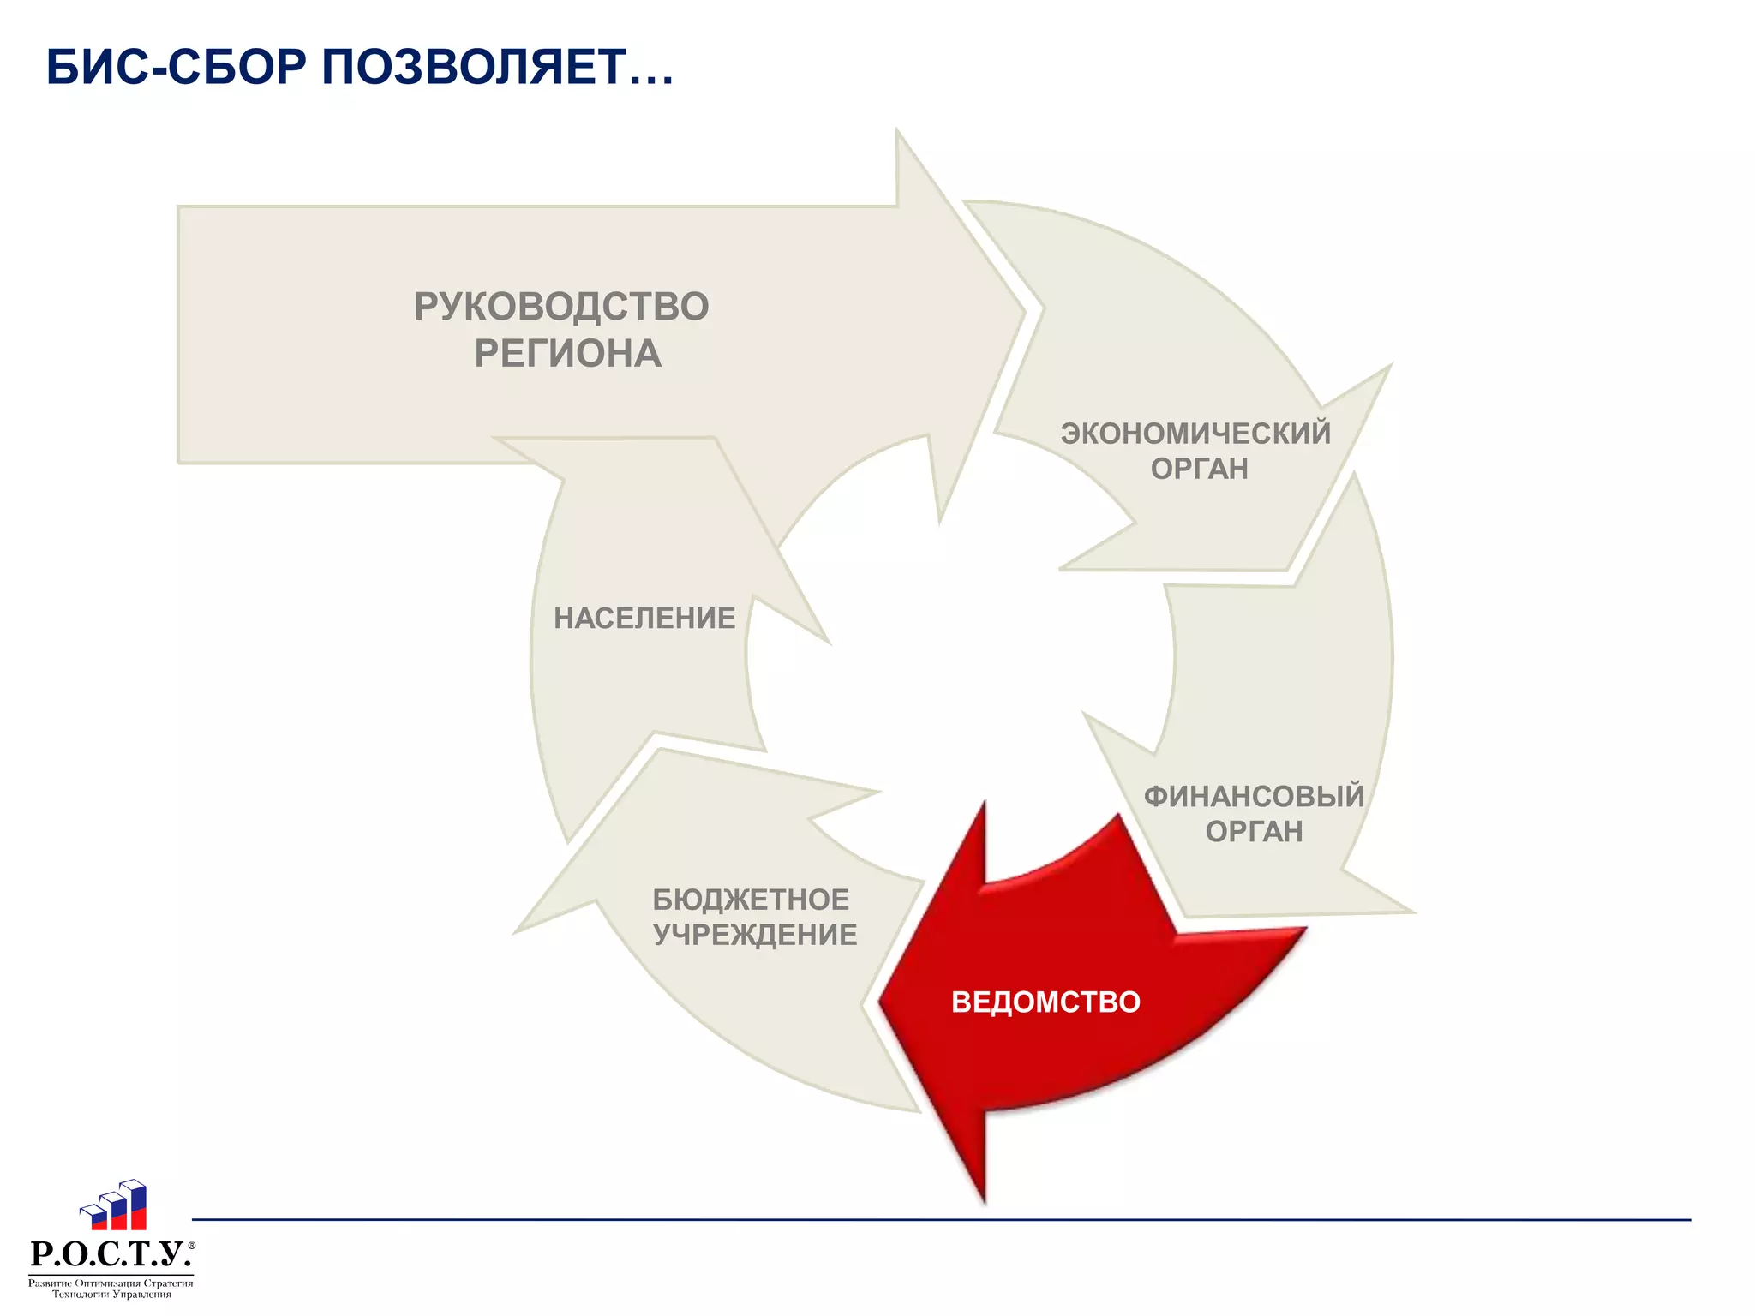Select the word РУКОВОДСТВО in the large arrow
(561, 307)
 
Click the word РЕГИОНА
(567, 354)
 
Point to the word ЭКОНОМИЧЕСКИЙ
(1195, 434)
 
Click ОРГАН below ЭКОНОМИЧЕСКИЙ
(1199, 470)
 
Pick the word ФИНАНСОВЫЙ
(1254, 797)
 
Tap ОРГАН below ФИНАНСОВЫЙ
(1254, 832)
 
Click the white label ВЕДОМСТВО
(1045, 1002)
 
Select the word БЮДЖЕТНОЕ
(751, 900)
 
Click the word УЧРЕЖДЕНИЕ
(755, 935)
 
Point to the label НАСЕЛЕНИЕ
(644, 619)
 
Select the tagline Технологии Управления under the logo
(111, 1295)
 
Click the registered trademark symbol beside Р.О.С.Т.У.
(191, 1246)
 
